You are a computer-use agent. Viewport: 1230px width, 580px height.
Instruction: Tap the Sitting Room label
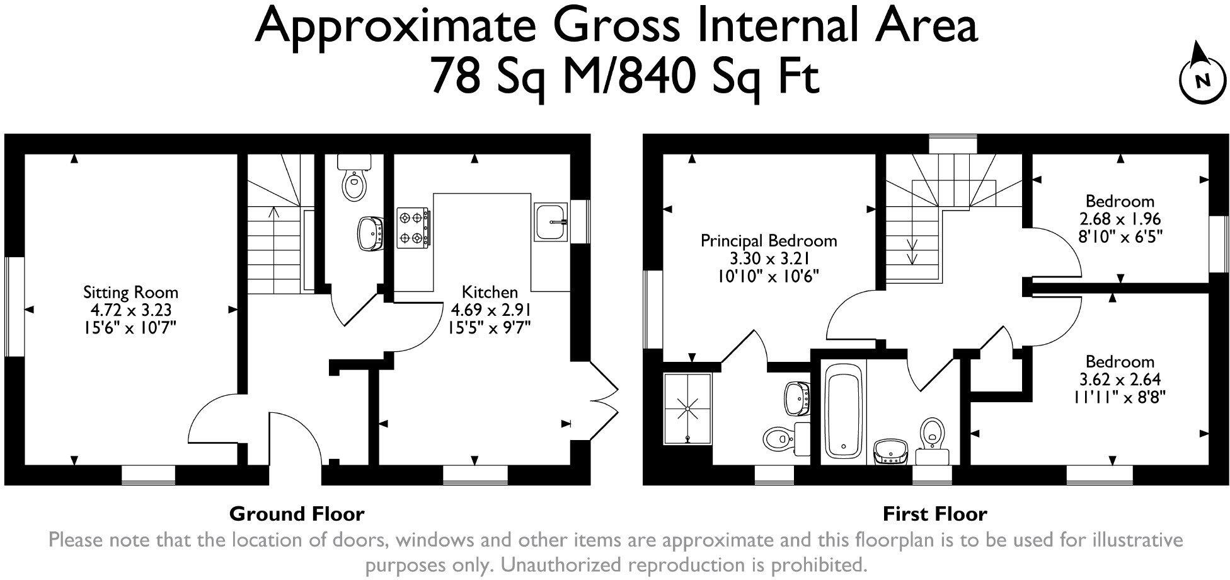click(x=130, y=293)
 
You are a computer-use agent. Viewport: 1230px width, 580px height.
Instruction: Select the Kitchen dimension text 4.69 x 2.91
click(x=489, y=310)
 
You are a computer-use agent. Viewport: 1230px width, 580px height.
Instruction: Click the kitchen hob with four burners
click(x=413, y=227)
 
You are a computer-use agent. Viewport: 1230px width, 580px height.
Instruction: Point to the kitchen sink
click(x=551, y=221)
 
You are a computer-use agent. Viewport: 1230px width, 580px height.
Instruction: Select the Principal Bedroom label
click(x=769, y=241)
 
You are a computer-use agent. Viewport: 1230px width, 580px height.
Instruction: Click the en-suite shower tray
click(x=687, y=409)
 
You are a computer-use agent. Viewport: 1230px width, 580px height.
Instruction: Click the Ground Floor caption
click(x=297, y=514)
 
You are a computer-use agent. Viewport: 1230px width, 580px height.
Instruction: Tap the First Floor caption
click(x=934, y=514)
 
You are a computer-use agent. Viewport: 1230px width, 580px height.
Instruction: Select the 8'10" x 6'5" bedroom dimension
click(x=1120, y=237)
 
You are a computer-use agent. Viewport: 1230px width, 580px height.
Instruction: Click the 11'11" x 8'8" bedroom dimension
click(x=1120, y=397)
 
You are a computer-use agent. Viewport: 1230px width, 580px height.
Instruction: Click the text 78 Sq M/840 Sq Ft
click(x=623, y=76)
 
